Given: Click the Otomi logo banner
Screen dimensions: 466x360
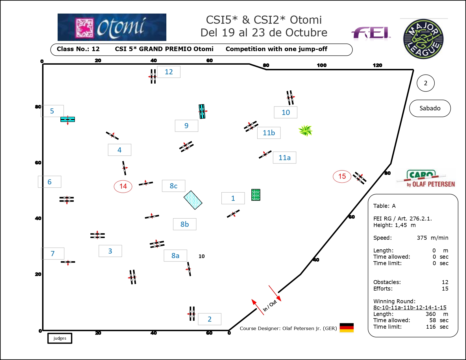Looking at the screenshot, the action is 112,27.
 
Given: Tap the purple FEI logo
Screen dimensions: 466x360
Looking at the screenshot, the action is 371,33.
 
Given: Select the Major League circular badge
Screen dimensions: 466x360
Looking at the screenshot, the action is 423,39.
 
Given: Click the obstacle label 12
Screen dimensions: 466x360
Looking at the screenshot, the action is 169,72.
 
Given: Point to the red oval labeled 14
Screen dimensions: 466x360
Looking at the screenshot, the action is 123,186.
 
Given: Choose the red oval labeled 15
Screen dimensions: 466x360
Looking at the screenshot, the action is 342,176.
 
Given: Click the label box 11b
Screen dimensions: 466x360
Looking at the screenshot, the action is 269,133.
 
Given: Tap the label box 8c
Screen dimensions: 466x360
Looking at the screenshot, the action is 173,186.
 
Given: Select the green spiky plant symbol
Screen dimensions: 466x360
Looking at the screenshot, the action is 305,130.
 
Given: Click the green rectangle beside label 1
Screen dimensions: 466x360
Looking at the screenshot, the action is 256,195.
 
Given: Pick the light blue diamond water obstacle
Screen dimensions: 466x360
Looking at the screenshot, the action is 193,200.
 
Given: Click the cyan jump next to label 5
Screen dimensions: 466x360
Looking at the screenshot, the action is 67,119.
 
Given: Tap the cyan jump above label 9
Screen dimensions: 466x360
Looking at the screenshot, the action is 202,112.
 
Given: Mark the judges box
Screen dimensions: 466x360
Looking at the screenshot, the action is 60,338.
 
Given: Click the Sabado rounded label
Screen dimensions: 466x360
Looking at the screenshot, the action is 430,108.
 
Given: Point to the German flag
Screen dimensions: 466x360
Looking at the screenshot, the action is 347,328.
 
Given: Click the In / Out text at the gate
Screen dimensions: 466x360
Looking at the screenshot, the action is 270,306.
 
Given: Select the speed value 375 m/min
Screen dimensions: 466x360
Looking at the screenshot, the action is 432,238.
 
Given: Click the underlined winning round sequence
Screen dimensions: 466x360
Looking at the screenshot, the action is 410,308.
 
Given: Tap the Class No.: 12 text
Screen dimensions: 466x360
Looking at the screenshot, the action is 78,49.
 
